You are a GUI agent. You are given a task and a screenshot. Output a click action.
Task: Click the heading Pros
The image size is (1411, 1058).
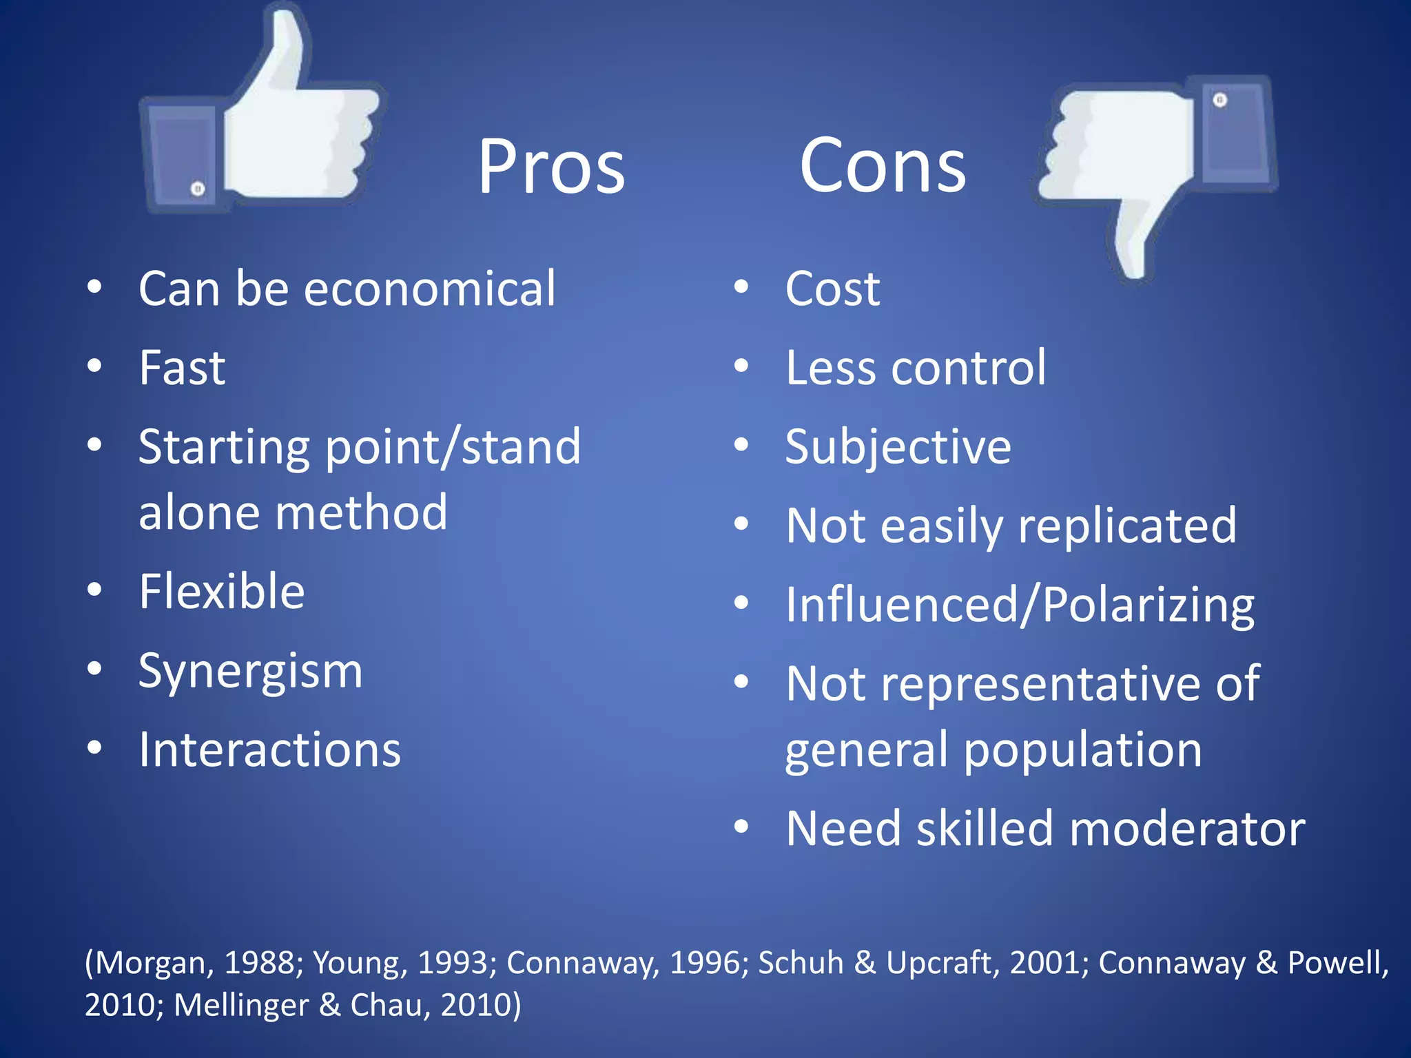click(x=551, y=167)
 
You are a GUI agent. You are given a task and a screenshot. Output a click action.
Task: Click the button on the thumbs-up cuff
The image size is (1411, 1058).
click(x=198, y=188)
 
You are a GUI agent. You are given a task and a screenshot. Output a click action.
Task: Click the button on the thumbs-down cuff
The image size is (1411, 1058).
click(x=1219, y=101)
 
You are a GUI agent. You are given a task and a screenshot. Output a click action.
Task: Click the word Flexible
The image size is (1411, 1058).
click(x=221, y=591)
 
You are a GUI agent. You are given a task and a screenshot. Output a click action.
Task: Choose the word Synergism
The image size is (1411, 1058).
click(x=250, y=671)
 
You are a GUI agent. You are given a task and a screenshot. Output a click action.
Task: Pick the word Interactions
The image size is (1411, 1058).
click(x=269, y=749)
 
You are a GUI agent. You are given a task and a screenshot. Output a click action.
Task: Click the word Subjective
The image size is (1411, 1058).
click(x=898, y=446)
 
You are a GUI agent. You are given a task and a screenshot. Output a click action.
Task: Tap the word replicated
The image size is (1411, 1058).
click(x=1127, y=526)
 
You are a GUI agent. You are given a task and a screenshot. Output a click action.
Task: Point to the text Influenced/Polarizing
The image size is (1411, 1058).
click(x=1020, y=605)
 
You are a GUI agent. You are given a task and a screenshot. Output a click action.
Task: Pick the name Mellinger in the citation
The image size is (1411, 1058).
click(x=241, y=1005)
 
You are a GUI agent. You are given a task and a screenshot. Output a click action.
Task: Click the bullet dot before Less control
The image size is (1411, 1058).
click(x=741, y=366)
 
